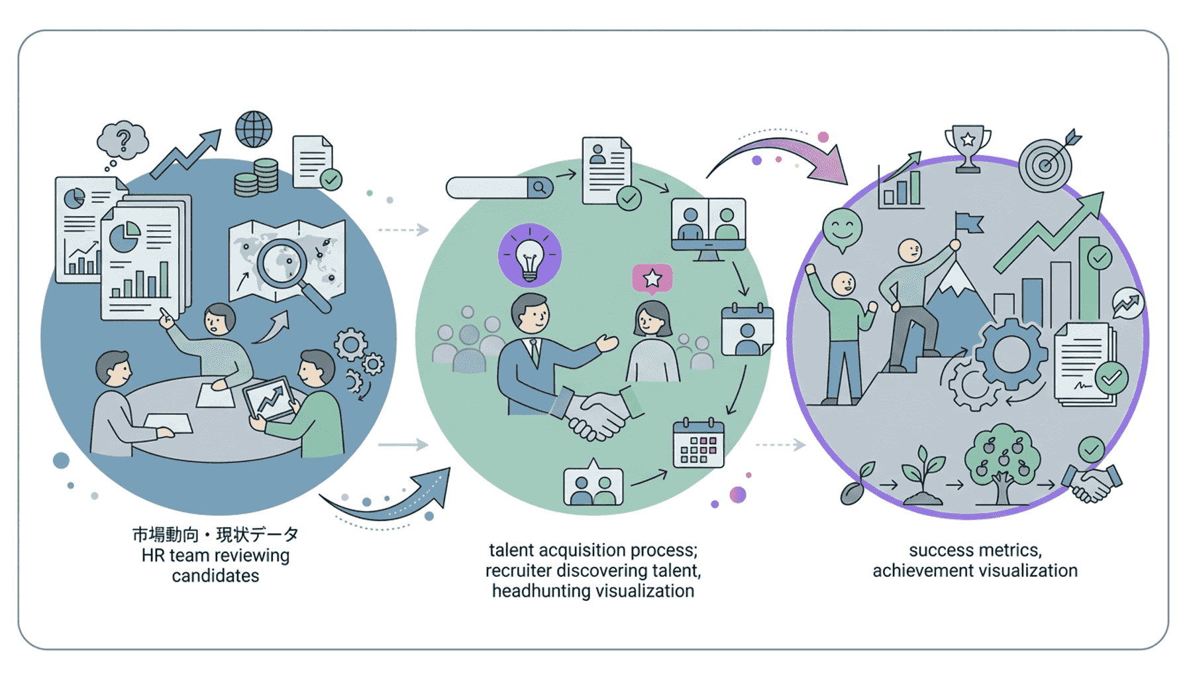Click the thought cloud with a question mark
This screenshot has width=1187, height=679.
coord(123,140)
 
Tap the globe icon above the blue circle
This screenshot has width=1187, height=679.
coord(254,129)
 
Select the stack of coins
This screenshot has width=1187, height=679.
coord(256,178)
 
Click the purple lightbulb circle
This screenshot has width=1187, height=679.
coord(529,256)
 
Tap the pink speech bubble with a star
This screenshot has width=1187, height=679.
coord(652,278)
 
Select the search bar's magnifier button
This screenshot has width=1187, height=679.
coord(540,188)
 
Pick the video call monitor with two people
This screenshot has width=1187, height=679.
coord(708,225)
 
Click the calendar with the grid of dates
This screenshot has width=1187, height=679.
coord(698,444)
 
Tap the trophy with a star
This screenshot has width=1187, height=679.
coord(968,147)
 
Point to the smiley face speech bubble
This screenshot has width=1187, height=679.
coord(842,229)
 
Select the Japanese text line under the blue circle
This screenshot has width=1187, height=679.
coord(215,534)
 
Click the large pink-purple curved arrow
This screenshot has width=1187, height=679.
coord(788,156)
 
